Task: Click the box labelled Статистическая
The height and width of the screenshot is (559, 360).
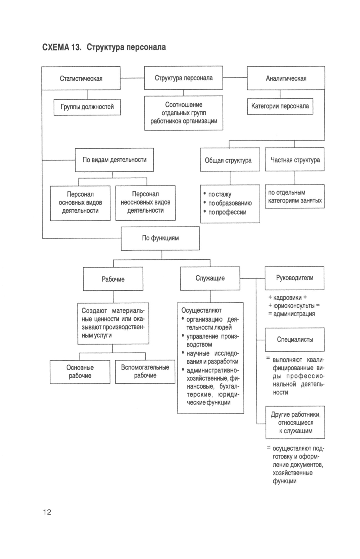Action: (x=81, y=78)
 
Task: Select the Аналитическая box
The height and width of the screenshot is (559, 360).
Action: (x=286, y=78)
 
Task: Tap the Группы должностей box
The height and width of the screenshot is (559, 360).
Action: (x=87, y=107)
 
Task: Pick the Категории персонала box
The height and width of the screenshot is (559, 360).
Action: (x=280, y=106)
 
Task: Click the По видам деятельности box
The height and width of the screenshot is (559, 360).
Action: (x=114, y=160)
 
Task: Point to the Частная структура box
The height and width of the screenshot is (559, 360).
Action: (x=294, y=160)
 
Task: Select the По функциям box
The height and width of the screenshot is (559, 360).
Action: (x=160, y=238)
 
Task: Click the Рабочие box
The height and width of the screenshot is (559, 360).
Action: (x=113, y=279)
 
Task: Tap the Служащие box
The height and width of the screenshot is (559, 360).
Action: (x=210, y=278)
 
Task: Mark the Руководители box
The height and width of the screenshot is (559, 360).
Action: (x=294, y=278)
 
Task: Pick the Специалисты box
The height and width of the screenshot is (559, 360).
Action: (x=294, y=339)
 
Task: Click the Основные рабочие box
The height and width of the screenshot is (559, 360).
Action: (x=80, y=372)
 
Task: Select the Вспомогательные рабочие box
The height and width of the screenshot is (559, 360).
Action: (x=145, y=371)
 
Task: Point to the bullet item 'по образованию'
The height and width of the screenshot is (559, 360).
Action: (x=230, y=203)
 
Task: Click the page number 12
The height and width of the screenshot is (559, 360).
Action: (x=47, y=512)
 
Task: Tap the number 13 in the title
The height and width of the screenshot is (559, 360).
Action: (x=76, y=47)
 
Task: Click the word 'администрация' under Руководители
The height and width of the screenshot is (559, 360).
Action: (x=294, y=314)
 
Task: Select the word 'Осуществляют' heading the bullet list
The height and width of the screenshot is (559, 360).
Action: (x=201, y=310)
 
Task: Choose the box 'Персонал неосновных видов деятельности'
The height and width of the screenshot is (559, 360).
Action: (x=145, y=202)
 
